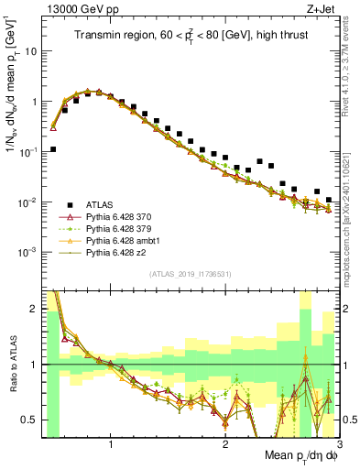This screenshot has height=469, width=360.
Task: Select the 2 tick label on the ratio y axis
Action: point(33,309)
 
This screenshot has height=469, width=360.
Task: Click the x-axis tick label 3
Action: point(338,446)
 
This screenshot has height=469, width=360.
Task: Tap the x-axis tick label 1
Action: point(111,446)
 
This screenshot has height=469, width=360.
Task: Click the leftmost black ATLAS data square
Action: point(53,149)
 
